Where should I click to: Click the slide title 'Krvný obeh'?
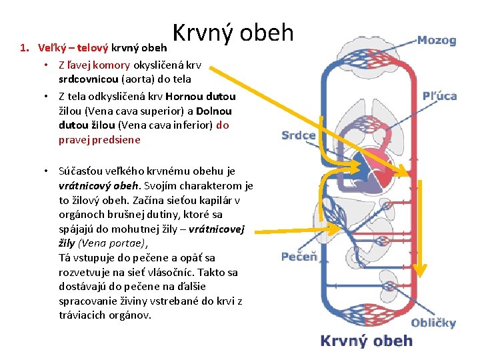pyautogui.click(x=233, y=32)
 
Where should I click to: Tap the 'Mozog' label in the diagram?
pyautogui.click(x=437, y=41)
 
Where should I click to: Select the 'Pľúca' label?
pyautogui.click(x=439, y=95)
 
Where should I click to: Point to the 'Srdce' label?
pyautogui.click(x=299, y=135)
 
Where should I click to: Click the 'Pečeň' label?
pyautogui.click(x=299, y=257)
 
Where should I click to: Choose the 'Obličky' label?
pyautogui.click(x=433, y=323)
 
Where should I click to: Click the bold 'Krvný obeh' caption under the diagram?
pyautogui.click(x=367, y=341)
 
